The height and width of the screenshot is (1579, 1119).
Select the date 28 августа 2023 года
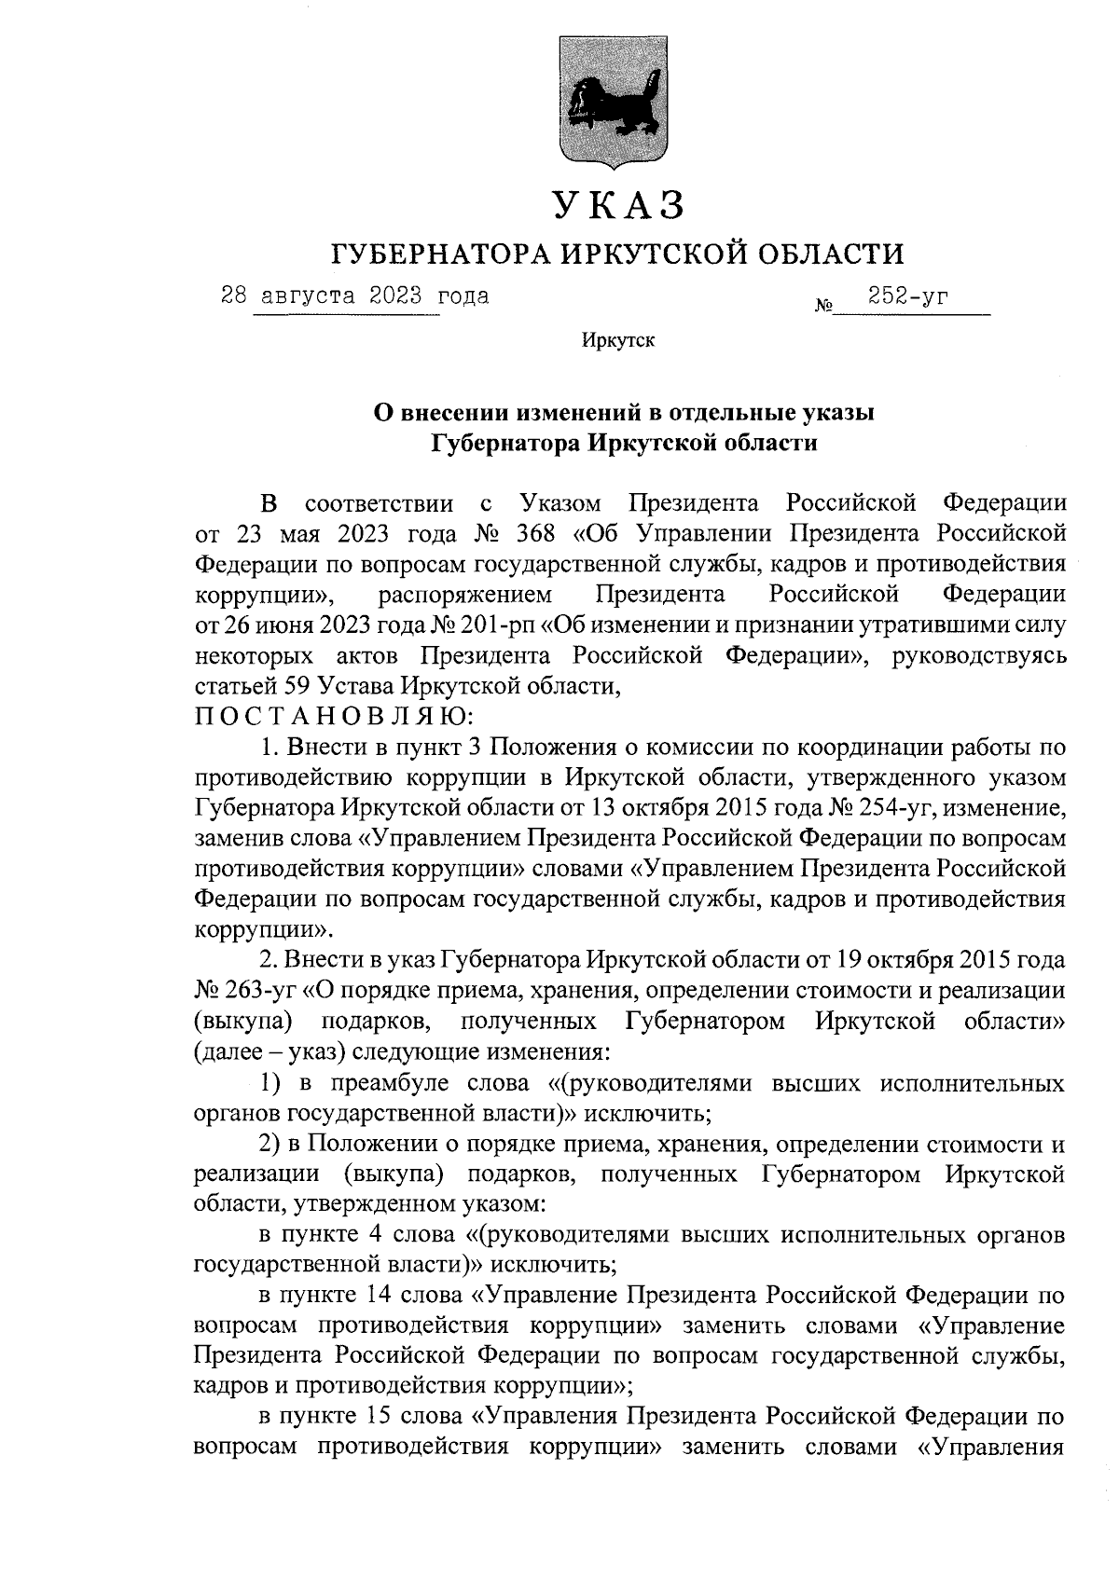pyautogui.click(x=354, y=297)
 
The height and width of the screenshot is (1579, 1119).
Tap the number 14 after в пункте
pyautogui.click(x=383, y=1296)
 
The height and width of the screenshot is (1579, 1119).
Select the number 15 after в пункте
pyautogui.click(x=383, y=1417)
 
